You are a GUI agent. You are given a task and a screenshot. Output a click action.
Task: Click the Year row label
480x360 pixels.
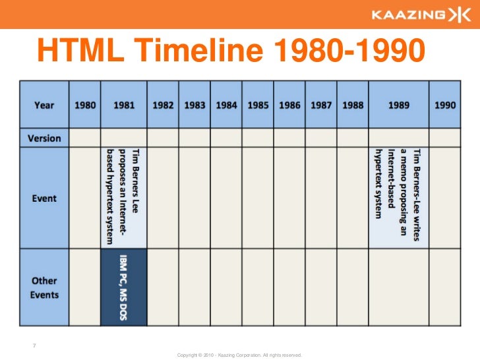pos(45,105)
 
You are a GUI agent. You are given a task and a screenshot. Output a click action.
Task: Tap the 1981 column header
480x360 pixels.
pos(124,105)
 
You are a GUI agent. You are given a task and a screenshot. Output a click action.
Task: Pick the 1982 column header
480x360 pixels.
pos(163,105)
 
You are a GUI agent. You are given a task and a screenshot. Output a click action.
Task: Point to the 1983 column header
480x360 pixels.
pos(195,105)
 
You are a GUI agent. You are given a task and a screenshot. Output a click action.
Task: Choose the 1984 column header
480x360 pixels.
pos(226,105)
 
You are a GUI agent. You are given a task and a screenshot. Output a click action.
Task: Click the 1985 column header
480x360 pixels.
pos(258,105)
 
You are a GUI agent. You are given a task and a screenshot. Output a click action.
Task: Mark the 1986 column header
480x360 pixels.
pos(289,105)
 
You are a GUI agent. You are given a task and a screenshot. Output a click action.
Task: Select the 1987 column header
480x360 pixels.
pos(321,105)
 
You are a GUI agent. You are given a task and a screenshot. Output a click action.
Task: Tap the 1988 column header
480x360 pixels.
pos(353,105)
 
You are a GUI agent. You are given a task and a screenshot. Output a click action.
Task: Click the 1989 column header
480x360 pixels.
pos(398,105)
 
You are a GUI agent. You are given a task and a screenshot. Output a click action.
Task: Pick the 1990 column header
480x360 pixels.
pos(445,105)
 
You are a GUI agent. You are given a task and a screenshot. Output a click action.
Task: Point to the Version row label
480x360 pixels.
pos(45,138)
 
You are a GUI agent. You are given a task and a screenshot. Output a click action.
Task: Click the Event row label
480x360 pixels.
pos(45,198)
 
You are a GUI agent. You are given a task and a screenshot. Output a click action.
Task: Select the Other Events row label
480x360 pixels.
pos(45,287)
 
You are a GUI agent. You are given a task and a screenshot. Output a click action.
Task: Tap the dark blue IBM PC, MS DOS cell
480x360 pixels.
pos(124,287)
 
